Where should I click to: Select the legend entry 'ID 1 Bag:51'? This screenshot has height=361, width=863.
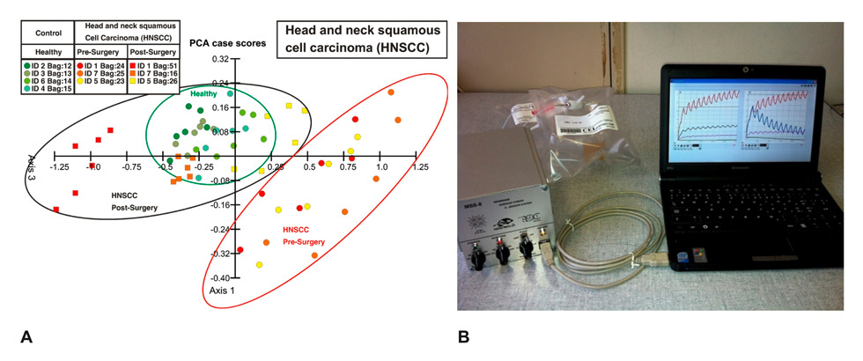155,64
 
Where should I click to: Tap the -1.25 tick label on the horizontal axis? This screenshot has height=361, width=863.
61,166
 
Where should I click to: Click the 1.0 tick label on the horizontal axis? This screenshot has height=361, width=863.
380,166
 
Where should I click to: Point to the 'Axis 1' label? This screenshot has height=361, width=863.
222,289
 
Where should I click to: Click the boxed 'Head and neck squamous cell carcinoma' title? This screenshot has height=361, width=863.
361,40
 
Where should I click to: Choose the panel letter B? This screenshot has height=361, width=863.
463,336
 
